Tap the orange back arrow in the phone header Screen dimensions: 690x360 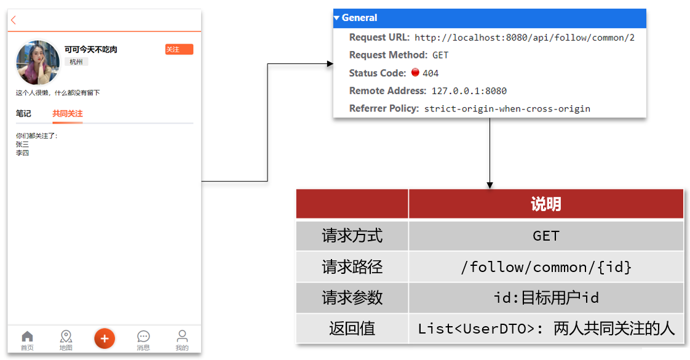[x=14, y=20]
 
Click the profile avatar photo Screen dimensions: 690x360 [x=38, y=63]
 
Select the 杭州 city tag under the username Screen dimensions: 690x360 [x=76, y=62]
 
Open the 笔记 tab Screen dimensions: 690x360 [x=23, y=114]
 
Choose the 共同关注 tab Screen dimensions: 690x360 [x=67, y=114]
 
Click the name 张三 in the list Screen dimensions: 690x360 [x=22, y=145]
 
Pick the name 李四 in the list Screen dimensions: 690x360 [x=22, y=153]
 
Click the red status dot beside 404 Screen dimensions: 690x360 [x=415, y=72]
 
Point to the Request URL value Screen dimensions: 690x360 [x=525, y=38]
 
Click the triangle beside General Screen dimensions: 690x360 [x=336, y=18]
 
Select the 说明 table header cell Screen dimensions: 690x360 [x=545, y=204]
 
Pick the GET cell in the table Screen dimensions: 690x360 [x=545, y=236]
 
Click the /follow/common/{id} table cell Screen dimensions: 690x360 [x=545, y=266]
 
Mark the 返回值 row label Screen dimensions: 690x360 [x=352, y=329]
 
